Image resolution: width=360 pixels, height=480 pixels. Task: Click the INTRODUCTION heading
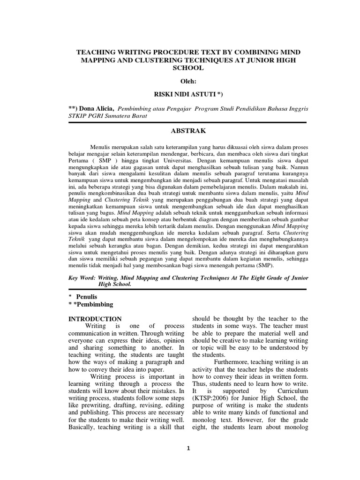pos(95,319)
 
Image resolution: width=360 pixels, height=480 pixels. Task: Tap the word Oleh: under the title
pos(187,82)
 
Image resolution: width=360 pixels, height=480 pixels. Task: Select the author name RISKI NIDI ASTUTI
pos(187,95)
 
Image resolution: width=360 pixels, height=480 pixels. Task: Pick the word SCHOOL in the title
pos(187,68)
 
